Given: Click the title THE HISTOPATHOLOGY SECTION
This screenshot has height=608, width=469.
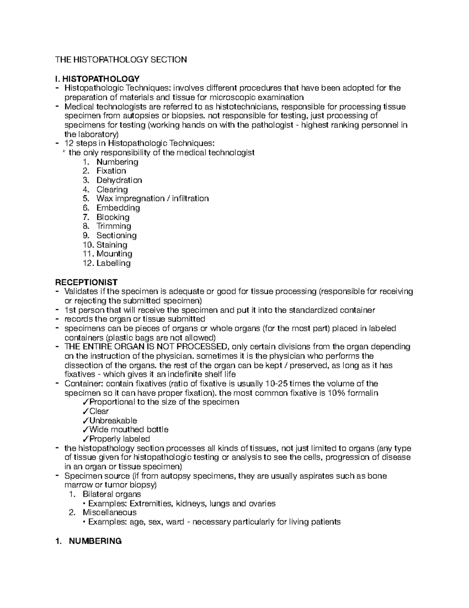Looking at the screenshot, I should (x=121, y=60).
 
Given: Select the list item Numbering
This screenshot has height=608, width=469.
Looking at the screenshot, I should (x=117, y=162).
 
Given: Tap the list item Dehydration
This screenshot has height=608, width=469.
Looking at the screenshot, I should (x=119, y=180).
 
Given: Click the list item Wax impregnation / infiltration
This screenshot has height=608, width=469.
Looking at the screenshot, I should (x=152, y=198).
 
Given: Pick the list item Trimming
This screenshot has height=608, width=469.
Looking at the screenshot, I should (x=114, y=226).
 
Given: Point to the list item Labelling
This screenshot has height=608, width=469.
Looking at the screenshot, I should (x=113, y=263).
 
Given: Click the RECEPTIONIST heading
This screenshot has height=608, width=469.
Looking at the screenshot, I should (x=86, y=282).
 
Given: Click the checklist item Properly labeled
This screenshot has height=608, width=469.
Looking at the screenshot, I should (x=119, y=439).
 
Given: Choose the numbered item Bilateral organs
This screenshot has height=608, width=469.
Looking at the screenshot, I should (x=112, y=494).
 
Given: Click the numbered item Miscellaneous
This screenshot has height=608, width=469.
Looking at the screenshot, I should (x=109, y=512).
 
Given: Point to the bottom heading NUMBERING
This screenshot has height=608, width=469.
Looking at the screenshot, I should (x=95, y=541).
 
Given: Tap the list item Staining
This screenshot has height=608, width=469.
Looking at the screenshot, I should (x=112, y=245).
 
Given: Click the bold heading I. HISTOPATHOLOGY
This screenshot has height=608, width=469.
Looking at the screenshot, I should (x=97, y=79).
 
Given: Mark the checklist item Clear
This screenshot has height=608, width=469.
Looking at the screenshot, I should (x=99, y=411).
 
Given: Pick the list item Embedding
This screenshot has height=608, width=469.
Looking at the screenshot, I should (x=118, y=208).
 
